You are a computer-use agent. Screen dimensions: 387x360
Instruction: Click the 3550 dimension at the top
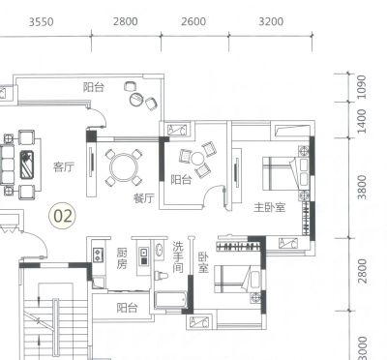42,22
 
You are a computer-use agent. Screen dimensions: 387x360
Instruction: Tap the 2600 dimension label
193,21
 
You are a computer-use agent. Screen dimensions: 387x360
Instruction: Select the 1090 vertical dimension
362,87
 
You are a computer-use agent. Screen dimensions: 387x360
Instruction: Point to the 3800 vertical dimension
362,188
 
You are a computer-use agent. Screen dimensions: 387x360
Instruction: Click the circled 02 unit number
63,216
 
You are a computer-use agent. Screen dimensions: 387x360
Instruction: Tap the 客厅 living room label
64,166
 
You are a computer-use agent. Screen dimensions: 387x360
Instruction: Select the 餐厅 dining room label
144,197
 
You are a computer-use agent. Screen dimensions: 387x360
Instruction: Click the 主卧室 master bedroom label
270,207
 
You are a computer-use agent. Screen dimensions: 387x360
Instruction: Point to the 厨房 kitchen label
122,258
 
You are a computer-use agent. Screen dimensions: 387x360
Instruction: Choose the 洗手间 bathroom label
178,257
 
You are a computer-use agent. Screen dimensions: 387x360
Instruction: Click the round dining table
124,167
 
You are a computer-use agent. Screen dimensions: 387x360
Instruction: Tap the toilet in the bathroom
162,276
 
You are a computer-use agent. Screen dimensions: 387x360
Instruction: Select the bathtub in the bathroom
170,300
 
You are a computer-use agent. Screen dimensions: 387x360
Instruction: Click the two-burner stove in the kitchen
98,255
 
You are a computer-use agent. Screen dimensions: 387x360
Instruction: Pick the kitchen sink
144,256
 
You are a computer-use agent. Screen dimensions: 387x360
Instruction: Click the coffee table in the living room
27,165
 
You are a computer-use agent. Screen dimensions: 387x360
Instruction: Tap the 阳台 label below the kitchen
127,308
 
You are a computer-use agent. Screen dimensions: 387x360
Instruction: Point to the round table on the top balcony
136,99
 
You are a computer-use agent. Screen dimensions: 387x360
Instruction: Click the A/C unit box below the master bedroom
287,243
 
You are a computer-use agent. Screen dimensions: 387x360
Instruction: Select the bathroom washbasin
160,250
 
